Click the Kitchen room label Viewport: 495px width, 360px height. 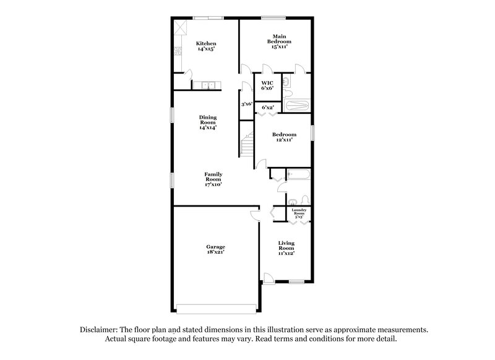206,46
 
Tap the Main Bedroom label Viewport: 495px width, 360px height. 279,41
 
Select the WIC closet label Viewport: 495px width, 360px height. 267,85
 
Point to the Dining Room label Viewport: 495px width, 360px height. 207,122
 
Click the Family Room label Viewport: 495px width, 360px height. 213,179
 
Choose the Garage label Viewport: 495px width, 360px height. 216,250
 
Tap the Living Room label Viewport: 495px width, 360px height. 285,249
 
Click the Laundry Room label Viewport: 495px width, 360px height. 299,214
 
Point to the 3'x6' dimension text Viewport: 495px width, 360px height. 246,104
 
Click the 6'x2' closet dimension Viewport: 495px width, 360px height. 267,108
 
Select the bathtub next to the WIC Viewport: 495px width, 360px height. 297,106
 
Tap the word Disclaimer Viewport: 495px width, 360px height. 100,330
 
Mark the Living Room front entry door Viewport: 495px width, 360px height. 269,279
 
